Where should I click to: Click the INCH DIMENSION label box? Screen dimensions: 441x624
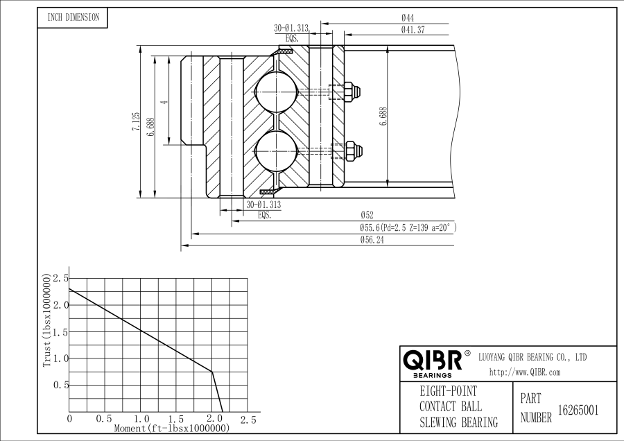pos(73,18)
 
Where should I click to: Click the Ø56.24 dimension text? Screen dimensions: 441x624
pos(372,240)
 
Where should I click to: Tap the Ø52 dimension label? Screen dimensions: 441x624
pos(367,216)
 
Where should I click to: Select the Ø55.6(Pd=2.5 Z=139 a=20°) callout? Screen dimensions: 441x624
pos(408,227)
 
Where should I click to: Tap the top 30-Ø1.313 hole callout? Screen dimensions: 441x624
pos(291,28)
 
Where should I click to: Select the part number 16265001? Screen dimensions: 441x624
pos(578,410)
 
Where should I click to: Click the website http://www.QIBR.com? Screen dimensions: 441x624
pos(524,372)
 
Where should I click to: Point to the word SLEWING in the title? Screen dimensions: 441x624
pos(442,422)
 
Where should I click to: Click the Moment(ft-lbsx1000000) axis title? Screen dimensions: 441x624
pos(171,429)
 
